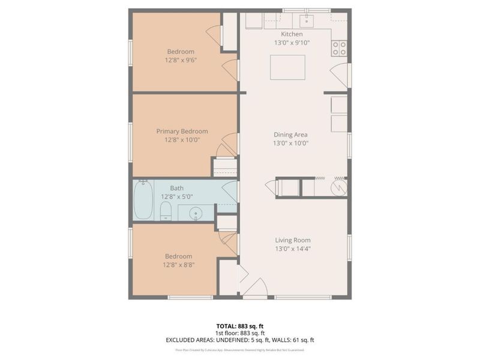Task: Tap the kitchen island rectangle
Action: click(x=287, y=67)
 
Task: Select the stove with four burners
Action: click(x=339, y=47)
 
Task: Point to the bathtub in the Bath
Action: click(x=143, y=201)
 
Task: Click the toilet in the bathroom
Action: click(x=166, y=211)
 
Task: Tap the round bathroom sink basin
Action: click(x=196, y=213)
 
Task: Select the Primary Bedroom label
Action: click(x=182, y=131)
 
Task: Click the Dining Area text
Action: click(x=290, y=135)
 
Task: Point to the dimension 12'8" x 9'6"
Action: click(x=181, y=60)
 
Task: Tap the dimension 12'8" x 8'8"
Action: click(x=179, y=265)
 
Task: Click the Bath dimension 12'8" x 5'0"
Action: click(x=176, y=196)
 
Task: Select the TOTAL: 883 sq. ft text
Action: click(x=240, y=326)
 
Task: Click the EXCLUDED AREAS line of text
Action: click(x=240, y=340)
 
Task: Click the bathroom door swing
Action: click(x=230, y=191)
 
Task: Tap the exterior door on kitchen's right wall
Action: click(x=340, y=75)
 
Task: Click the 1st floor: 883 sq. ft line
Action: click(x=240, y=333)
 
